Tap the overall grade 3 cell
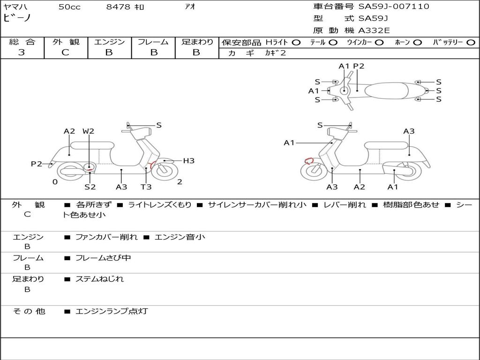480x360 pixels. tap(22, 52)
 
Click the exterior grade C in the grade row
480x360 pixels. tap(66, 52)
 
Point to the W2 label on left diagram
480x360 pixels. tap(88, 131)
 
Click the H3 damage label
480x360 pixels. tap(188, 161)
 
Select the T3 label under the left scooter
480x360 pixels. tap(146, 187)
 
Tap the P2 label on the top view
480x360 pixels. tap(359, 66)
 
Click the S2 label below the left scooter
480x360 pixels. tap(90, 187)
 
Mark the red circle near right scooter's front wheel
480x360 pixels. tap(308, 161)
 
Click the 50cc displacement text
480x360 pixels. tap(69, 7)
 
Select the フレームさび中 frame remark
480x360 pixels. tap(103, 258)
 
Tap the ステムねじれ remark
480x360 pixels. tap(99, 279)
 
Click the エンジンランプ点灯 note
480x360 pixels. tap(112, 311)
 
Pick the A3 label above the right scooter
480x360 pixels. tap(409, 131)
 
